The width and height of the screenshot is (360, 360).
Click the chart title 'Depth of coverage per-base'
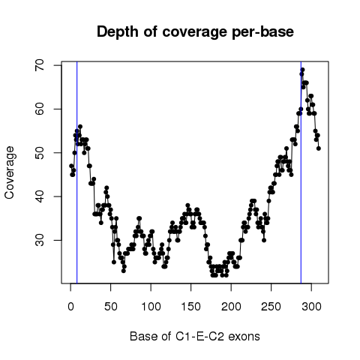pyautogui.click(x=195, y=32)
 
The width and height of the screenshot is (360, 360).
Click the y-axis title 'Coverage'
pyautogui.click(x=9, y=172)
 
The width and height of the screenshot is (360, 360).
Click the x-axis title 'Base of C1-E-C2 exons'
pyautogui.click(x=195, y=337)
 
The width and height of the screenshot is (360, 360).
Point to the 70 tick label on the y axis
pyautogui.click(x=39, y=65)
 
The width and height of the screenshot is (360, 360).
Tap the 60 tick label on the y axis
pyautogui.click(x=39, y=109)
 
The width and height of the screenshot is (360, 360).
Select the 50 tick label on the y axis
pyautogui.click(x=39, y=153)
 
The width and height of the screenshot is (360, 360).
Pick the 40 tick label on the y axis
pyautogui.click(x=39, y=196)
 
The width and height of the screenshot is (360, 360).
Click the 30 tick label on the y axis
pyautogui.click(x=39, y=240)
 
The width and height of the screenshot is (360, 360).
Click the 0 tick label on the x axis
pyautogui.click(x=70, y=307)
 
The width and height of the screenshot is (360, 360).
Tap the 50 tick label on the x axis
pyautogui.click(x=111, y=307)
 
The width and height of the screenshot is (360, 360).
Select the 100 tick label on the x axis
pyautogui.click(x=151, y=307)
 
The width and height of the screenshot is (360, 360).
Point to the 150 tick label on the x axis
pyautogui.click(x=191, y=307)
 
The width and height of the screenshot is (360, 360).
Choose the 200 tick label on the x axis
pyautogui.click(x=231, y=307)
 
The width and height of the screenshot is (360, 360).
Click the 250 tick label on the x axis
pyautogui.click(x=271, y=307)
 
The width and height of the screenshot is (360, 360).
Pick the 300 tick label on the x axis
pyautogui.click(x=311, y=307)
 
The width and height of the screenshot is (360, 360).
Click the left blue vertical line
pyautogui.click(x=77, y=172)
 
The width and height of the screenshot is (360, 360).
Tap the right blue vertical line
pyautogui.click(x=301, y=172)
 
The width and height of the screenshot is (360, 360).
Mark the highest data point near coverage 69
pyautogui.click(x=303, y=70)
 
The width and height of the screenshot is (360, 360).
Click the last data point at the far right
pyautogui.click(x=319, y=148)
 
